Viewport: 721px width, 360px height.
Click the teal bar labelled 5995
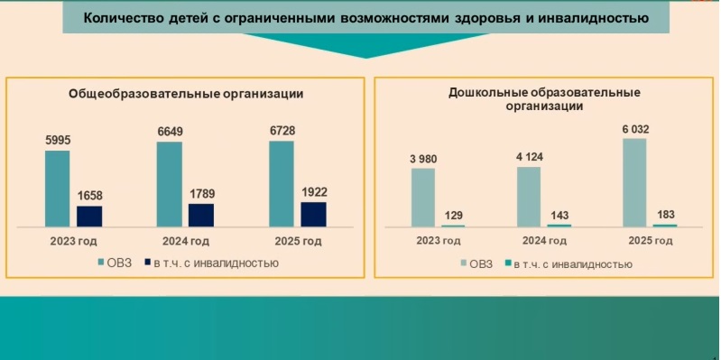coord(57,188)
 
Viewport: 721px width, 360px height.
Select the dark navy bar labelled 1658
coord(89,216)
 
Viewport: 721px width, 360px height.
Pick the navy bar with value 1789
coord(201,215)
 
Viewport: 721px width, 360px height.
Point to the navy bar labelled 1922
coord(313,214)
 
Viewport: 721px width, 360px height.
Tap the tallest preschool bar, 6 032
coord(634,181)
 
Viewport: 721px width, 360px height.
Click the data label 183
coord(665,214)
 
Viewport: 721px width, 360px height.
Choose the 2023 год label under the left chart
coord(73,241)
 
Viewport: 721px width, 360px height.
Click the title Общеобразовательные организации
coord(186,93)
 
